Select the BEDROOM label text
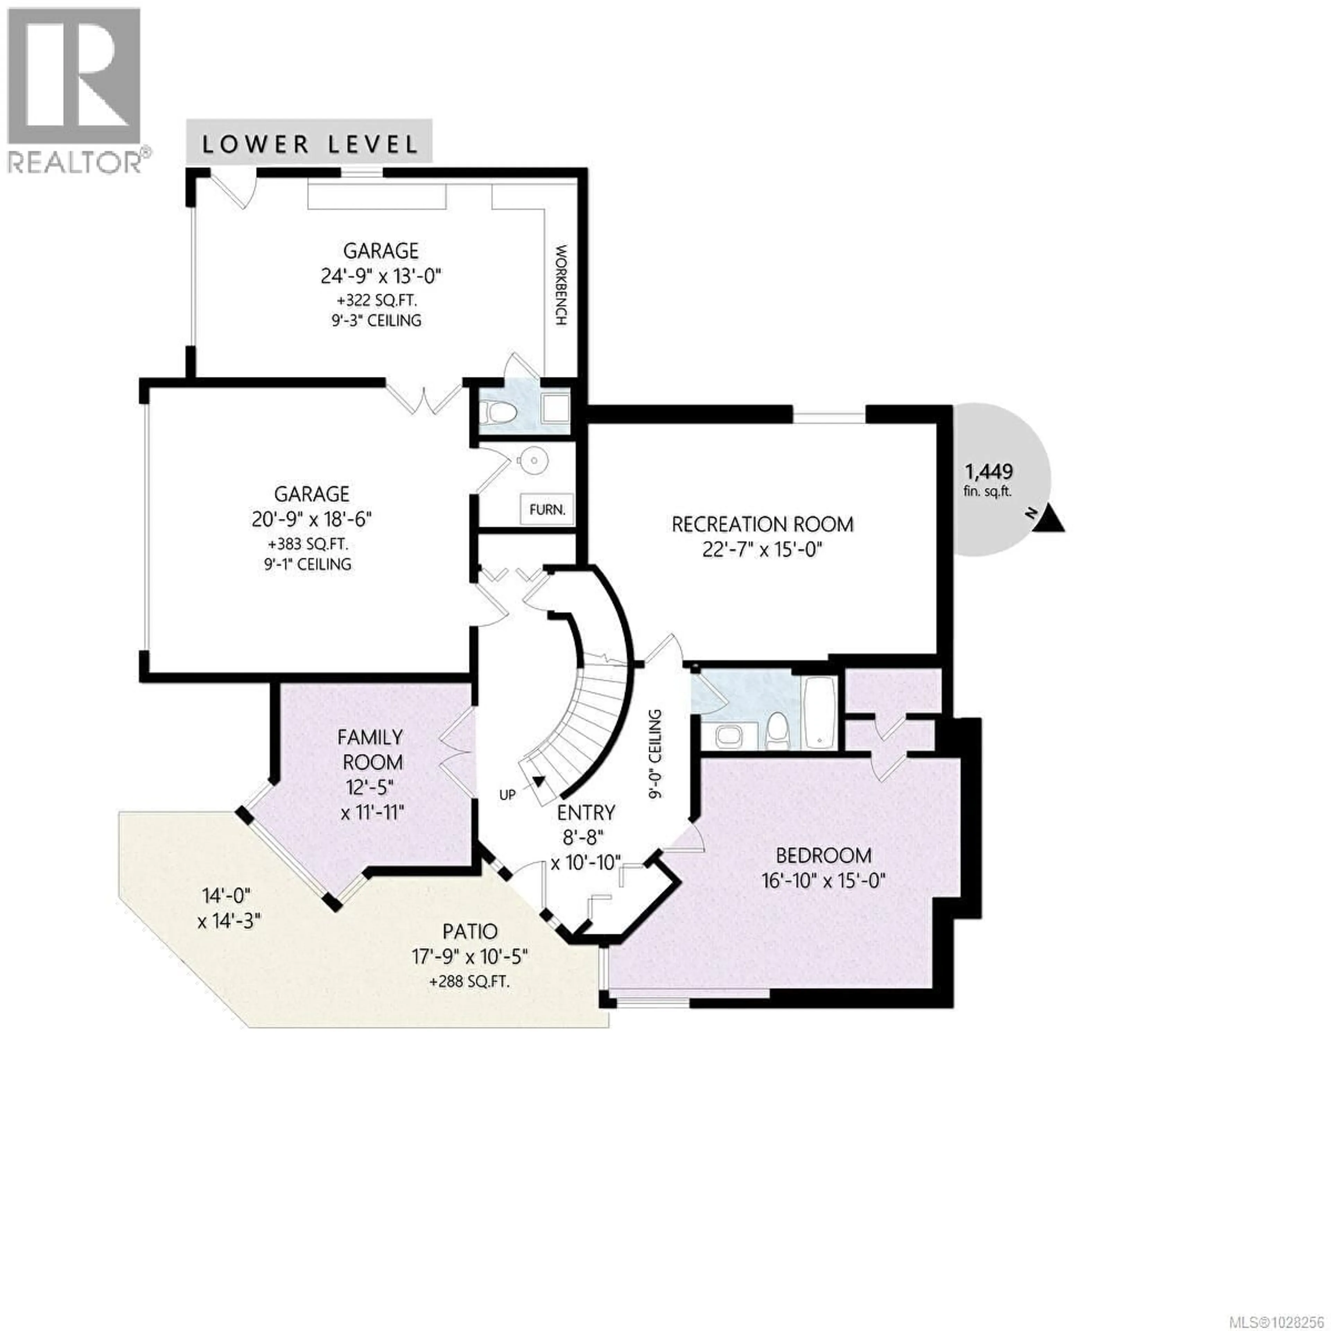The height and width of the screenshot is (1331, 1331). point(823,856)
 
